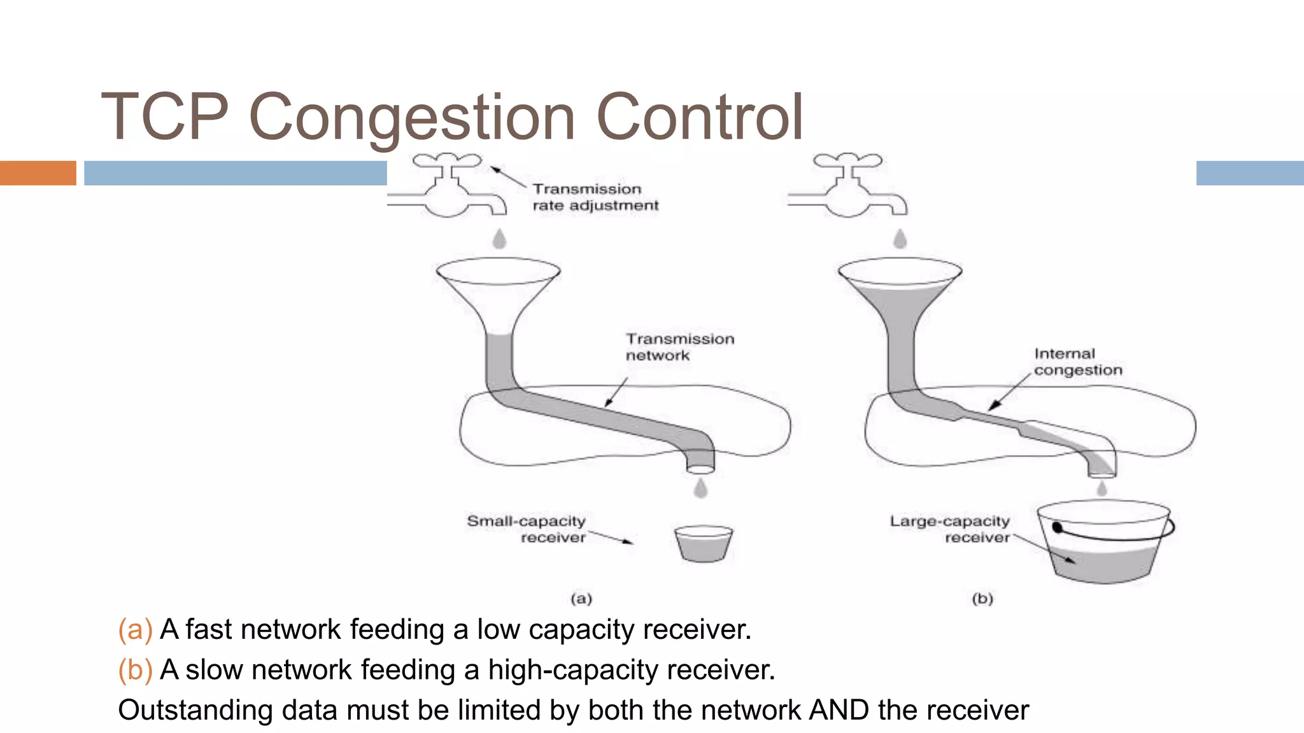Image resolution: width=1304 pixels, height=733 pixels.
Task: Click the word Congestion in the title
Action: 412,118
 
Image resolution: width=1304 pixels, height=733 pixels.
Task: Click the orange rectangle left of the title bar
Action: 38,173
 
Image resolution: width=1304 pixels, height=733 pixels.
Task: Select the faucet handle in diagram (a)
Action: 447,160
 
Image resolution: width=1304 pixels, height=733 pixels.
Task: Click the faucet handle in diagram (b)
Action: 847,160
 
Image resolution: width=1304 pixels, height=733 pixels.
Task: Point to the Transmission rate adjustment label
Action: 595,197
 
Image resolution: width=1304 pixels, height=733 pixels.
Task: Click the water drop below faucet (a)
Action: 500,239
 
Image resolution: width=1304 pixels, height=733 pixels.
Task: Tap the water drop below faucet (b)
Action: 900,239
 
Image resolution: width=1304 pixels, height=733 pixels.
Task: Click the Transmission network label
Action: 679,347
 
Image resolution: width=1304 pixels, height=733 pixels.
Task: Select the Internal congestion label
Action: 1077,361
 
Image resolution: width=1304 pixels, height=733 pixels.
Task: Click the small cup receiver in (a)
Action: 703,543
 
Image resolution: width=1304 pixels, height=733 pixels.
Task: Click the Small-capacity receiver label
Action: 527,529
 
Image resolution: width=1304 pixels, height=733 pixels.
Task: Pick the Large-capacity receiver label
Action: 950,529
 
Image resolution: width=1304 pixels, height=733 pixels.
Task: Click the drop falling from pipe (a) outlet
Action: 700,488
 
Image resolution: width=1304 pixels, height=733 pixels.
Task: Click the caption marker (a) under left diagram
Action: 581,598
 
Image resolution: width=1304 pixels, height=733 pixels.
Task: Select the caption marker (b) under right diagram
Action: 982,598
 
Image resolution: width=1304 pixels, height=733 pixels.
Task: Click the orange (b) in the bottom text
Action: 135,670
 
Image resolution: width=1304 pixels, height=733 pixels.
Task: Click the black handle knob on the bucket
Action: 1058,527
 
